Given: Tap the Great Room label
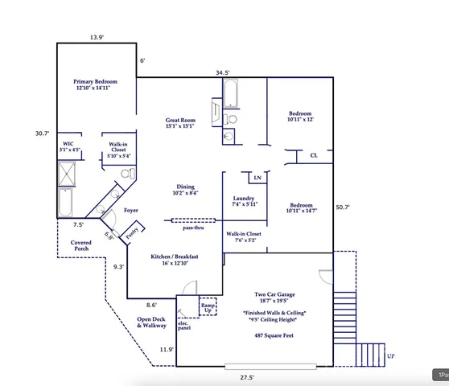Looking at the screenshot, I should [180, 122].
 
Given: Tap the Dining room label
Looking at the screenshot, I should [186, 190].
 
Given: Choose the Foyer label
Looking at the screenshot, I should [130, 210].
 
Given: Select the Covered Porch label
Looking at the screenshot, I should [81, 245].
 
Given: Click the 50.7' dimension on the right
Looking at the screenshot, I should [343, 207].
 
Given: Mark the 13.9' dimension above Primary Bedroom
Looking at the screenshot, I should [97, 37].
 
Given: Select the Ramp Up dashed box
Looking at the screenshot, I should [208, 307].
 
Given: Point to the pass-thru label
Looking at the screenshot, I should [193, 228].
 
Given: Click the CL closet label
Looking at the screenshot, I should [314, 156].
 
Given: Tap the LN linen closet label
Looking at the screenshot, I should [257, 177].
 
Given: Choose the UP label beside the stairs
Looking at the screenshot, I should [391, 356].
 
